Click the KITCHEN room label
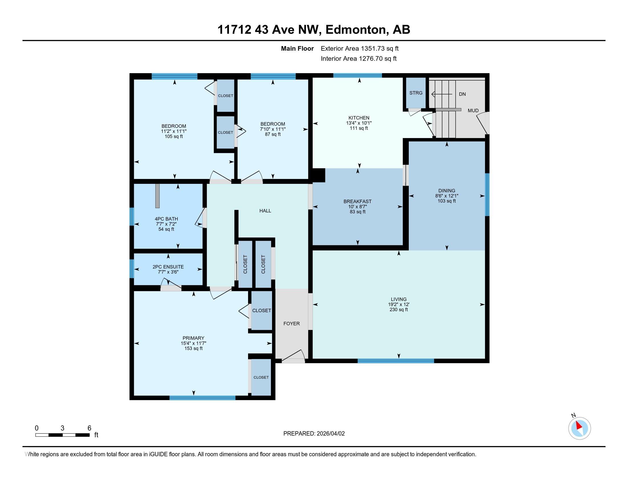coord(359,118)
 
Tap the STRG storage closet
coord(416,93)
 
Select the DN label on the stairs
coord(462,94)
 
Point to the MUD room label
coord(473,111)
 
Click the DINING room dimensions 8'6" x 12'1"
coord(446,196)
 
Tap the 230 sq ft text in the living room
coord(398,310)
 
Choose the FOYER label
coord(291,323)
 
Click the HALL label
coord(265,211)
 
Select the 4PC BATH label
coord(166,219)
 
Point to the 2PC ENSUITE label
coord(168,267)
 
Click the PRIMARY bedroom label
coord(193,338)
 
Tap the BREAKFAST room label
coord(357,202)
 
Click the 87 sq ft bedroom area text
coord(273,134)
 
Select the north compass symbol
coord(579,428)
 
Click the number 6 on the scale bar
coord(89,428)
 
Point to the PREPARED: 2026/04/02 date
coord(314,434)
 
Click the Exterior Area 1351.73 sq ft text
coord(359,49)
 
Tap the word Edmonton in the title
coord(356,30)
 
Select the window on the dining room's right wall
coord(487,194)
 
